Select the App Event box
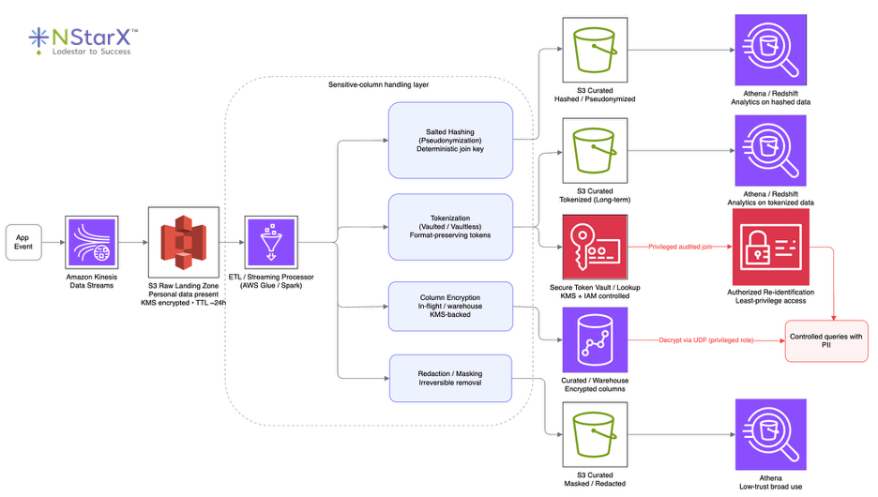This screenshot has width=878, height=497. click(23, 243)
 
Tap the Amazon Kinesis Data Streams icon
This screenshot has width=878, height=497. click(90, 242)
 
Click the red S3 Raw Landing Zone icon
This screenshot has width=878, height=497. click(184, 242)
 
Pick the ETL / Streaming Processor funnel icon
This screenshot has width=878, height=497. click(271, 242)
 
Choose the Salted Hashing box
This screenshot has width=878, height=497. click(450, 141)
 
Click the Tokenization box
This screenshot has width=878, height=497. click(450, 227)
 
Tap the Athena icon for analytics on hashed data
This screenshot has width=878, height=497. click(770, 49)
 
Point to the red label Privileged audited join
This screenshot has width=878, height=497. click(687, 247)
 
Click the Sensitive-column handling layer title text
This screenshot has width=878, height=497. click(379, 85)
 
